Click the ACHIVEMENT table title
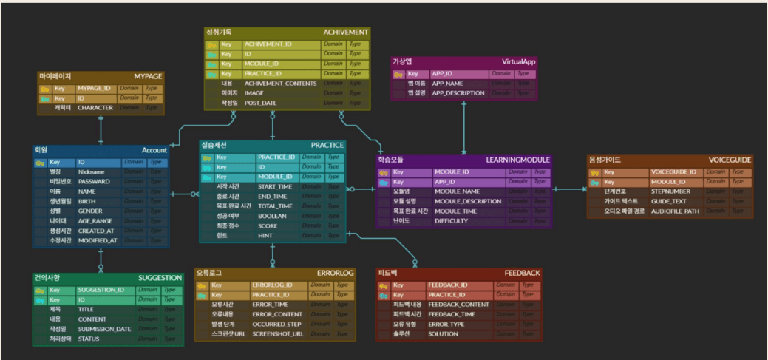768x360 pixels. click(345, 33)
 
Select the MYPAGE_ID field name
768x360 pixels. click(94, 88)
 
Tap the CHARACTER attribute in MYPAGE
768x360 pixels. click(95, 108)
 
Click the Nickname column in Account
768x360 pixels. click(91, 171)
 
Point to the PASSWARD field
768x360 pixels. click(94, 181)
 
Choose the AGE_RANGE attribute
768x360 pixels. click(95, 220)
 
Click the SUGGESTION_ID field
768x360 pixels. click(101, 290)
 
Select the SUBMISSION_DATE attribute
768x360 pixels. click(104, 329)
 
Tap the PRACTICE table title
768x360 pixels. click(327, 145)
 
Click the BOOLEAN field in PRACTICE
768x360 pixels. click(272, 217)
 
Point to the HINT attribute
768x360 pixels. click(266, 236)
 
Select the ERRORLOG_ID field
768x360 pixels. click(273, 285)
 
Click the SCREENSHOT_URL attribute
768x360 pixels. click(278, 334)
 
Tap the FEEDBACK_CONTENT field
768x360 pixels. click(458, 305)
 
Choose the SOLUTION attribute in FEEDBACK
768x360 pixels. click(443, 333)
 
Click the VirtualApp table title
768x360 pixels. click(518, 62)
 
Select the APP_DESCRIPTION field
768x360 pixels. click(458, 94)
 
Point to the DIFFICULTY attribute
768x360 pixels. click(451, 220)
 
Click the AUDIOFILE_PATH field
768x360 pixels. click(675, 211)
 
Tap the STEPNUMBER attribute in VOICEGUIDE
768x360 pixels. click(670, 191)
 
